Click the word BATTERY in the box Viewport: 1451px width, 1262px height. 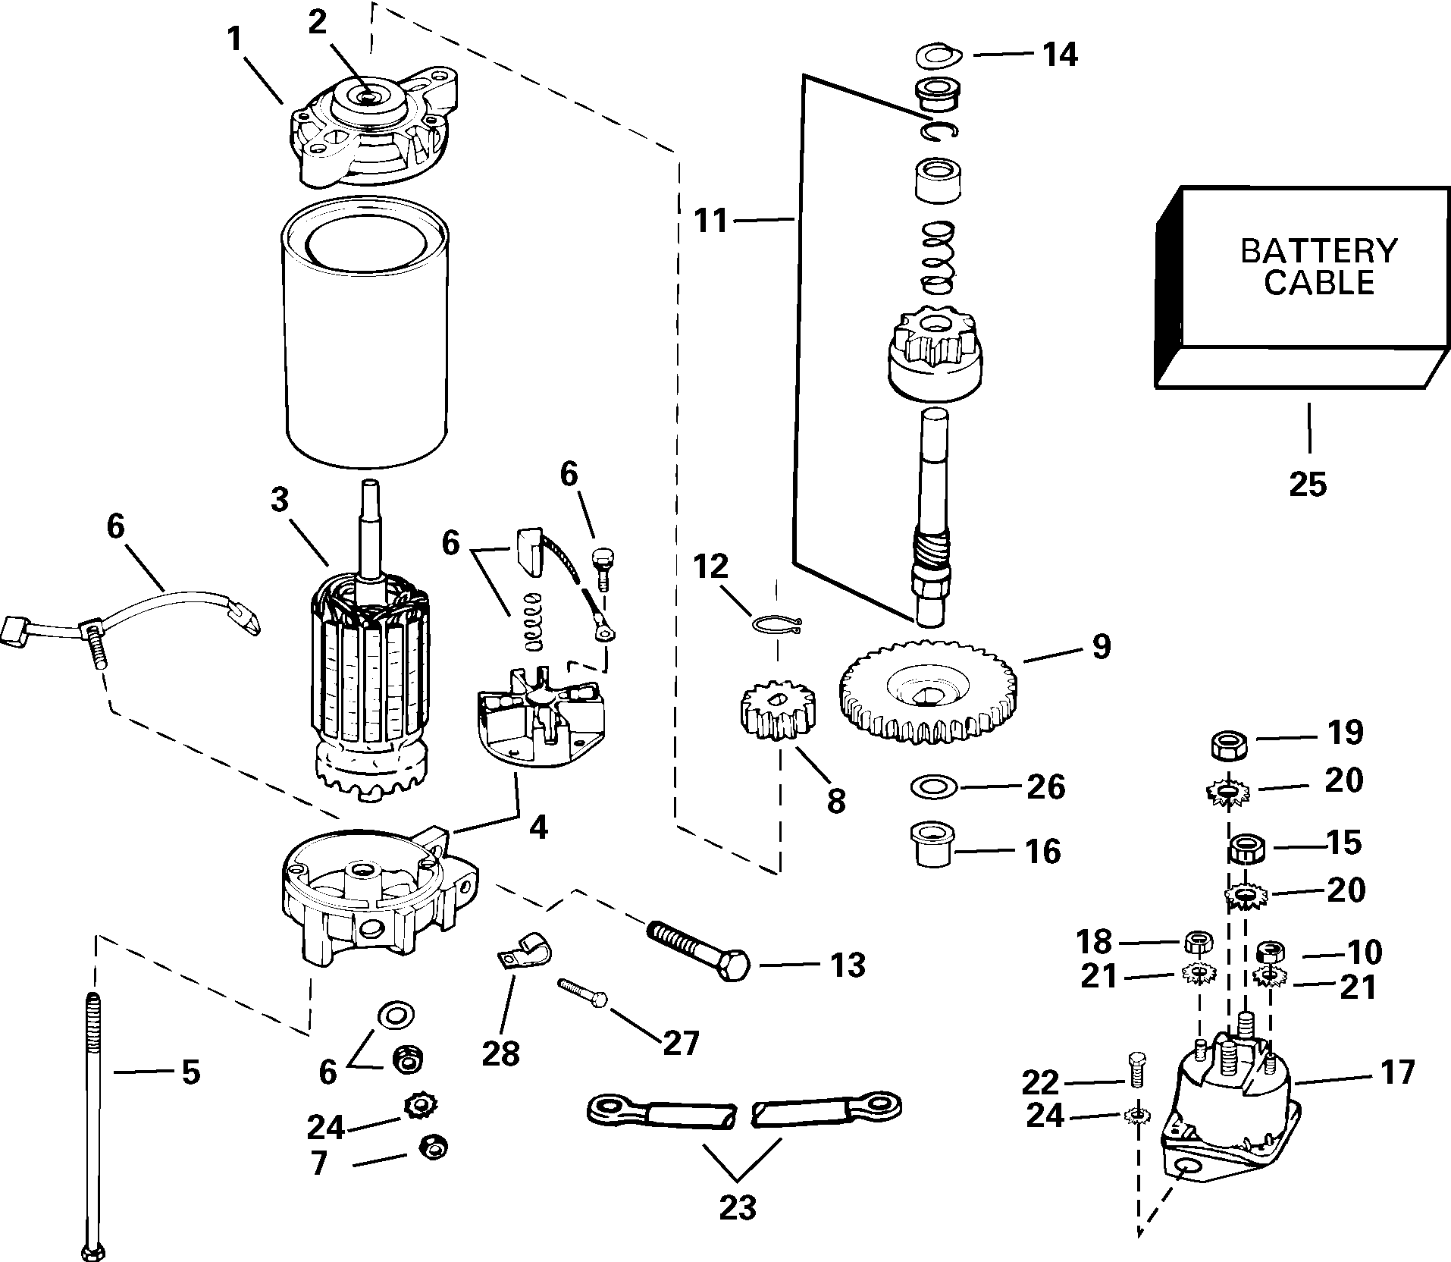click(1318, 250)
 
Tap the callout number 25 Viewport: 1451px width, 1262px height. click(1308, 484)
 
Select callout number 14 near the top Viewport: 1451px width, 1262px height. click(1058, 55)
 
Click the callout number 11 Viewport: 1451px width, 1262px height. click(710, 221)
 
